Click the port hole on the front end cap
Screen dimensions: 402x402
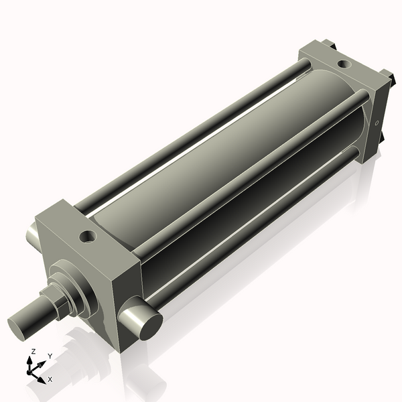point(87,236)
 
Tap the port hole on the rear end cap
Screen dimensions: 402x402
point(343,64)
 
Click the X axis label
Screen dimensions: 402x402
point(50,379)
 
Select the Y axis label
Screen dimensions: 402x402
point(50,356)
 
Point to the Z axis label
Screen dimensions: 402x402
point(34,351)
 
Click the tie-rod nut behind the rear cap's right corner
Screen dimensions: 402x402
point(385,76)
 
